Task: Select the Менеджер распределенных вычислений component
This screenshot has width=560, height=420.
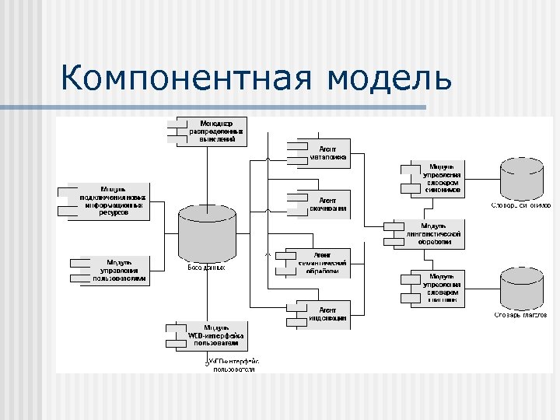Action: tap(211, 131)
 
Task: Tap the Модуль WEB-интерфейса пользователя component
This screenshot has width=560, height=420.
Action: tap(211, 335)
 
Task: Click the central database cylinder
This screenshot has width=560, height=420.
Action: tap(207, 233)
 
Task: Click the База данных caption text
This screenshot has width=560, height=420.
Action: tap(206, 268)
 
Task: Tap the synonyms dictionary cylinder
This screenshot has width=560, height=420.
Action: tap(521, 178)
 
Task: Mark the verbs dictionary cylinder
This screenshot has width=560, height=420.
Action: tap(521, 287)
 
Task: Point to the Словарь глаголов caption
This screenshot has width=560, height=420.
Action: tap(520, 315)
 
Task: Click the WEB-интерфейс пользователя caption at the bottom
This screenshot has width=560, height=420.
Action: tap(233, 366)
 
